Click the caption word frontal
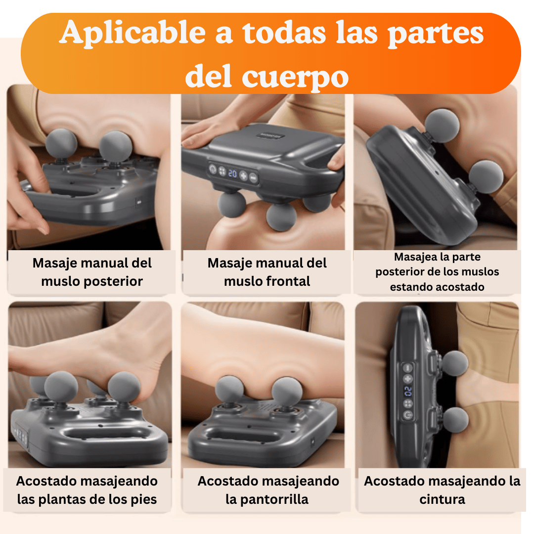pyautogui.click(x=267, y=281)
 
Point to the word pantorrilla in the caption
pyautogui.click(x=267, y=499)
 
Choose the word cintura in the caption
pyautogui.click(x=442, y=499)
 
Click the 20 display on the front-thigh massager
pyautogui.click(x=232, y=174)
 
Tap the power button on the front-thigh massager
pyautogui.click(x=213, y=169)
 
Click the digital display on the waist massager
pyautogui.click(x=408, y=391)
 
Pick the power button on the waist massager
pyautogui.click(x=408, y=415)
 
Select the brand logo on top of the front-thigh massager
pyautogui.click(x=270, y=135)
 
